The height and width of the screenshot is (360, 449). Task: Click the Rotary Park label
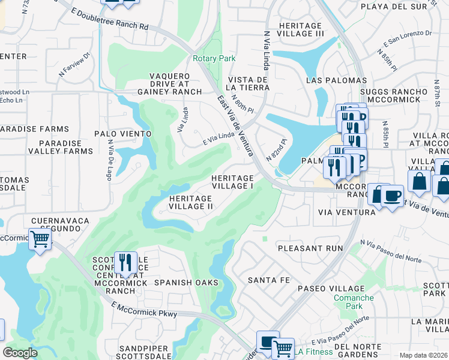coord(214,59)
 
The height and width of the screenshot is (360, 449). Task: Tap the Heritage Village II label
coord(191,202)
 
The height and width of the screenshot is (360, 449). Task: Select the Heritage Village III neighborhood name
coord(301,29)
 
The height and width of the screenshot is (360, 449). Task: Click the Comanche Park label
coord(354,301)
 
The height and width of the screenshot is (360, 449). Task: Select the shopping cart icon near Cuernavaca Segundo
coord(40,239)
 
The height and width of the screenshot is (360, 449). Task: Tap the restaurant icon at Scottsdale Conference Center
coord(125,262)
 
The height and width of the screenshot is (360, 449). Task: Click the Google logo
coord(20,352)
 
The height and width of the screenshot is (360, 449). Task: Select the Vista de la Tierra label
coord(247,83)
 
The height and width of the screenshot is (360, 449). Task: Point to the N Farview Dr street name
coord(74,64)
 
